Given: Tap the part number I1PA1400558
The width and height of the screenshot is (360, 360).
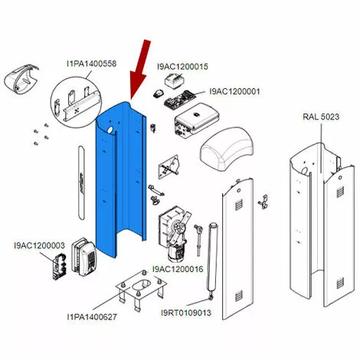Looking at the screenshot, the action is pos(91,64).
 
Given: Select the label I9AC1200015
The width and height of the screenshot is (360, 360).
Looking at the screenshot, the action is pos(182,67).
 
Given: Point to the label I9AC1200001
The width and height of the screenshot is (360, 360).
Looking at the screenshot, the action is pos(234,91).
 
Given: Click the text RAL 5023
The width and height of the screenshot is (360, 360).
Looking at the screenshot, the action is pos(321,116).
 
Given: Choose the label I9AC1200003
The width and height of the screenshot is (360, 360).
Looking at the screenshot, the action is pos(39,246).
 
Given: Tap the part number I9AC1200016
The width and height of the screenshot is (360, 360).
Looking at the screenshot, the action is pos(178,269).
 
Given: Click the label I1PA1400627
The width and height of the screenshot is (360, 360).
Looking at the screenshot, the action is pos(92,317).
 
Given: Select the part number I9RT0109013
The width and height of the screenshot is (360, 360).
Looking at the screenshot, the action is pos(186,313).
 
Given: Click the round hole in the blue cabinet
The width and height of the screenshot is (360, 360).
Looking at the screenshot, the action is pos(110,130).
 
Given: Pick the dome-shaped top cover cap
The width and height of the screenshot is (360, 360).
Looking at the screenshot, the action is pos(227,149).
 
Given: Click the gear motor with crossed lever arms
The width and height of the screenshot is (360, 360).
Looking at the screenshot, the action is pos(175,234).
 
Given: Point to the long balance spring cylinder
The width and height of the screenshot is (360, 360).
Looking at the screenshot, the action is pos(213,260).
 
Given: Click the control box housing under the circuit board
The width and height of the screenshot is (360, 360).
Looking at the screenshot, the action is pos(198,119).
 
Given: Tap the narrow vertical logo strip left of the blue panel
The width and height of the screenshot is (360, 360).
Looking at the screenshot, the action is pos(81,182).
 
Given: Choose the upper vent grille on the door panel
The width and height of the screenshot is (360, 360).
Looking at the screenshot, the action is pos(238,205).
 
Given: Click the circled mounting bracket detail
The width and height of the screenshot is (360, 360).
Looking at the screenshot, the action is pos(76,103).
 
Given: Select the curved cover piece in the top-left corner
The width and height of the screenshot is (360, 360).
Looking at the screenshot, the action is pos(21,79).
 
